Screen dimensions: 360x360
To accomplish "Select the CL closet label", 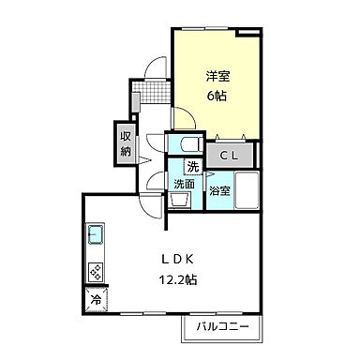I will [x=229, y=154].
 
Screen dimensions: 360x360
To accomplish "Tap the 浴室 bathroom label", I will [x=220, y=191].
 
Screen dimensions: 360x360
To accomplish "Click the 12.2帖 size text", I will [x=177, y=278].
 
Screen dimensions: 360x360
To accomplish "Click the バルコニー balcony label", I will [x=222, y=327].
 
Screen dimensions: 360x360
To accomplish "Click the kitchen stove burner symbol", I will [x=97, y=272].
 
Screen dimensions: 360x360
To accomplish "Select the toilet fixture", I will [x=184, y=144].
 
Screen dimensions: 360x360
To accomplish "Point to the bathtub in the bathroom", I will [x=247, y=191].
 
